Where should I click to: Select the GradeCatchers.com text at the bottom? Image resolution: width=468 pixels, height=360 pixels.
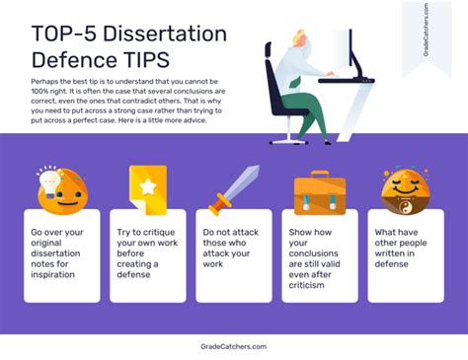point(233,346)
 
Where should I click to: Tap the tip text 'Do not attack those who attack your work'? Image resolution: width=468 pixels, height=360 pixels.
point(232,248)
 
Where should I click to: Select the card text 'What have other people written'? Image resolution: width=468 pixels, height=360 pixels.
point(403,248)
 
